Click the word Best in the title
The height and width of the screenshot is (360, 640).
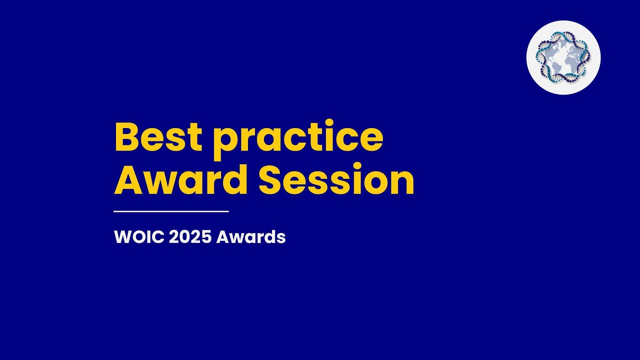[158, 138]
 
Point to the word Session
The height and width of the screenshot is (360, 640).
[336, 180]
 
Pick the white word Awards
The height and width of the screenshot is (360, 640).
[251, 237]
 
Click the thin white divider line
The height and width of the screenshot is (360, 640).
[171, 211]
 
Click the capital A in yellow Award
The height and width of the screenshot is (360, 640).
[128, 180]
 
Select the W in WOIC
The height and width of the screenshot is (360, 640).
[122, 237]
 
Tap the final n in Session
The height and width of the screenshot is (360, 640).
[402, 183]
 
